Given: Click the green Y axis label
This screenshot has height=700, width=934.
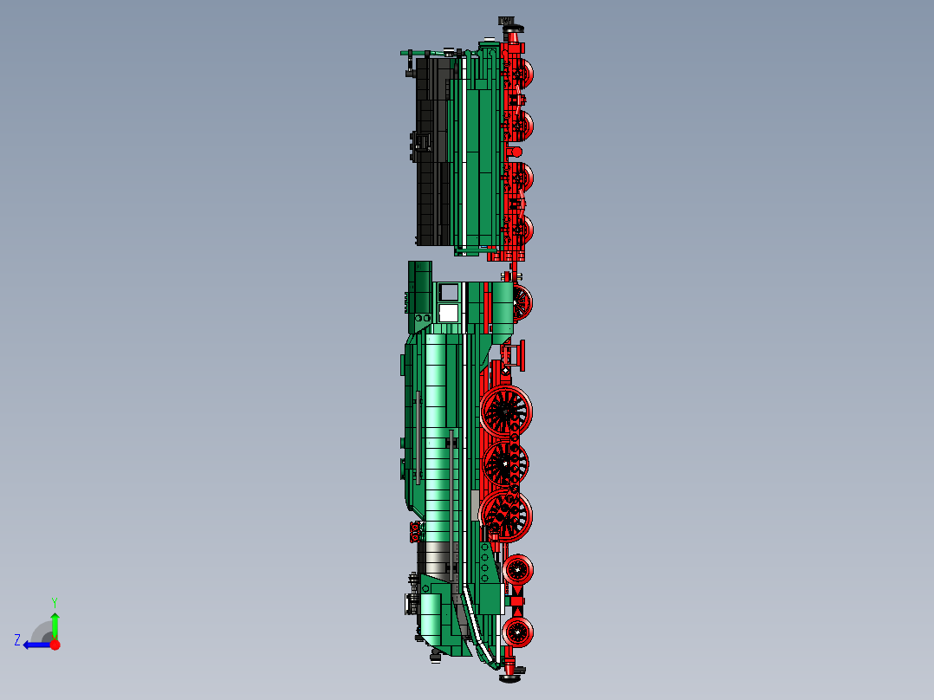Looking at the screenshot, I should click(x=54, y=601).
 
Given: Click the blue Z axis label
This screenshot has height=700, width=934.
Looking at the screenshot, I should click(x=17, y=640).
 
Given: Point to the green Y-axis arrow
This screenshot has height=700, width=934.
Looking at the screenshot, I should click(x=55, y=622).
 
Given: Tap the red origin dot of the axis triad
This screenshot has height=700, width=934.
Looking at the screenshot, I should click(x=55, y=645).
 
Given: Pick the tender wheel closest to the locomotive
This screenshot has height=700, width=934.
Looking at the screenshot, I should click(x=520, y=230).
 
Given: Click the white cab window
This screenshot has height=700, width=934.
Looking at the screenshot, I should click(x=449, y=312).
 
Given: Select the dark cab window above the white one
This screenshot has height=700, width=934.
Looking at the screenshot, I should click(x=449, y=292).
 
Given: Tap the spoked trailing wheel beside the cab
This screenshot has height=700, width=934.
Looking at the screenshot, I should click(x=520, y=302).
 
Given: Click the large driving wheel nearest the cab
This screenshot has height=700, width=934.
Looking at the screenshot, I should click(x=506, y=412).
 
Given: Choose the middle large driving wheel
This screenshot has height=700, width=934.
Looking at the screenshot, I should click(x=506, y=464).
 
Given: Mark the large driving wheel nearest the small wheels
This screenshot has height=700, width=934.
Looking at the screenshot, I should click(x=506, y=515).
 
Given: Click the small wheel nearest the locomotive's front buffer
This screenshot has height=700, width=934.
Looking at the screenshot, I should click(x=518, y=632).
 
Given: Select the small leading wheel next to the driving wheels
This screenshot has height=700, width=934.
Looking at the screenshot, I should click(x=518, y=569).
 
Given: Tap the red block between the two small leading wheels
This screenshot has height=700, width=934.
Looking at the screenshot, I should click(x=517, y=600).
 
